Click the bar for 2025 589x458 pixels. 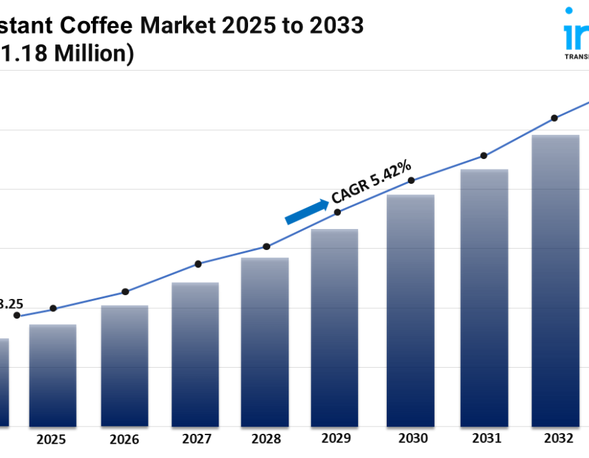(52, 376)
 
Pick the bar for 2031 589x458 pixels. (484, 298)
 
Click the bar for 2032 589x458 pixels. (555, 281)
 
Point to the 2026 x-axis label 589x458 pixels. (124, 439)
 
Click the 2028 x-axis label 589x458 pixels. (266, 439)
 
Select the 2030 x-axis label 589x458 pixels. (413, 439)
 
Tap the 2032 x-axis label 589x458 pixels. (559, 439)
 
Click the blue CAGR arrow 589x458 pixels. (307, 212)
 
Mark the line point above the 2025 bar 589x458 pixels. (53, 308)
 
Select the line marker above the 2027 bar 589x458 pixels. (198, 264)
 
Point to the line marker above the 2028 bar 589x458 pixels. (266, 247)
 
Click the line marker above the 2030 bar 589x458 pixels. (411, 181)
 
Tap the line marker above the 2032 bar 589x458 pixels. (554, 118)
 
